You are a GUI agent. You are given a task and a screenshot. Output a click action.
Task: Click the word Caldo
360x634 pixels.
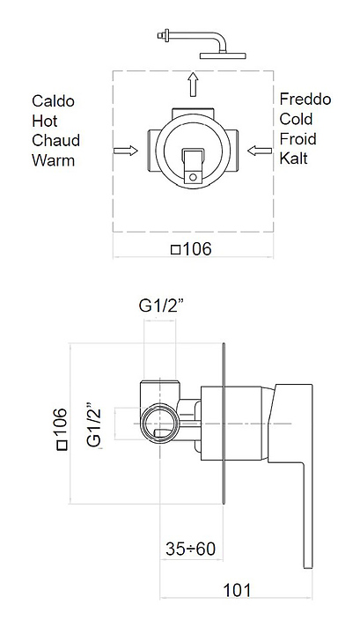[54, 101]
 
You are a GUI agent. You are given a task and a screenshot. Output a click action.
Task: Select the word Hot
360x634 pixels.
[45, 121]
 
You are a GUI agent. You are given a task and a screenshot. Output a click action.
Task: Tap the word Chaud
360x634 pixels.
[56, 141]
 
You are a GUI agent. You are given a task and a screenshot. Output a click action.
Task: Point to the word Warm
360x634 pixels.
[54, 160]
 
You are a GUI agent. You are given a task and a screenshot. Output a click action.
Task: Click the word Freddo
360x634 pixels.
[305, 99]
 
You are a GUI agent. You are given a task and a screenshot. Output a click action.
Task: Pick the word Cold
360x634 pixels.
[296, 119]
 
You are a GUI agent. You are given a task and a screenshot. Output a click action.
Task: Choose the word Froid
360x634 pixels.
[298, 139]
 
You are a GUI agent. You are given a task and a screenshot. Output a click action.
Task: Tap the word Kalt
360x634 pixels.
[294, 158]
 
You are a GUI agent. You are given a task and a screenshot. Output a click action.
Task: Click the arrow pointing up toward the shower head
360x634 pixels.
[194, 85]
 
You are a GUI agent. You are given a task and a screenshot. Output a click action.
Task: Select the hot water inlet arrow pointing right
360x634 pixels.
[126, 151]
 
